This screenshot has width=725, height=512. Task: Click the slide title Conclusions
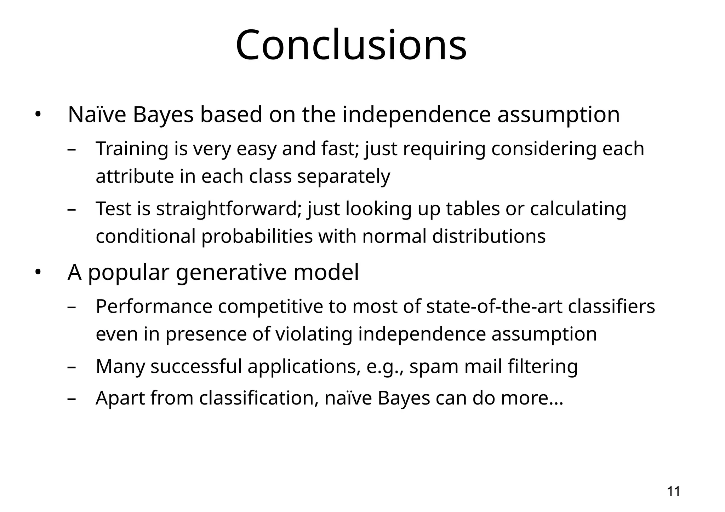tap(351, 45)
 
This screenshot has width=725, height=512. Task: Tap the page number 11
tap(673, 491)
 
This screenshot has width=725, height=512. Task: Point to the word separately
tap(343, 176)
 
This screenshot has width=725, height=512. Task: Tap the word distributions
tap(489, 236)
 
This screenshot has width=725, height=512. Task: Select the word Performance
tap(154, 306)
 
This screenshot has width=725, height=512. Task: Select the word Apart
tap(120, 398)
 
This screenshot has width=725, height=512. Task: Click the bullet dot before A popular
tap(38, 273)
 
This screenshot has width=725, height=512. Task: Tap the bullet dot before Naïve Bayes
tap(38, 115)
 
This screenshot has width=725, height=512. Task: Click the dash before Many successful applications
tap(72, 367)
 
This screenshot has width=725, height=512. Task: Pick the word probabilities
tap(257, 236)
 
